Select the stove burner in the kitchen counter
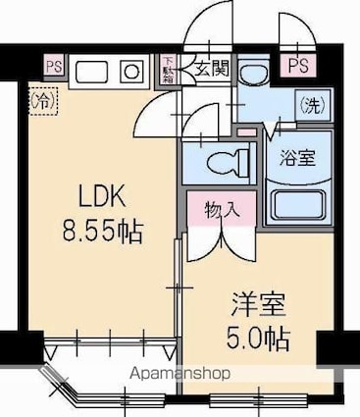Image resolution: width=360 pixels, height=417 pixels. [129, 72]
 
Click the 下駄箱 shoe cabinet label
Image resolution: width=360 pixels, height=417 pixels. [167, 69]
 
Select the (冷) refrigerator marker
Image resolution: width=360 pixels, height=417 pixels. [42, 100]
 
